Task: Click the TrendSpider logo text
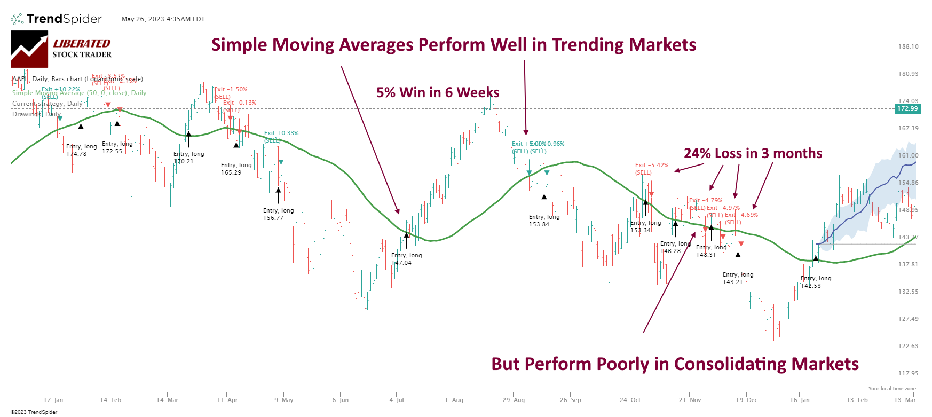click(x=64, y=19)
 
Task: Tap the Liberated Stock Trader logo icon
click(x=29, y=49)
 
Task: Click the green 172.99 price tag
click(x=907, y=108)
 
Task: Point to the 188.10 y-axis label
click(x=908, y=46)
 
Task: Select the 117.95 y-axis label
click(x=908, y=373)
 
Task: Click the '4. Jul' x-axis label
click(x=397, y=400)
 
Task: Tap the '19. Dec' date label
click(x=747, y=400)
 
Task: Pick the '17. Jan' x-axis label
click(x=53, y=400)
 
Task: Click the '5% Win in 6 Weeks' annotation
click(x=438, y=93)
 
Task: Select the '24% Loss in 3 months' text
click(x=753, y=154)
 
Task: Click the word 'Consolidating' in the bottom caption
click(x=729, y=364)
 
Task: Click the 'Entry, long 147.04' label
click(x=406, y=259)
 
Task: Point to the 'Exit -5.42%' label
click(x=651, y=166)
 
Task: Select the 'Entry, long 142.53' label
click(x=815, y=282)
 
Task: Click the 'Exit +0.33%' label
click(x=281, y=133)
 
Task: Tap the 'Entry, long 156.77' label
click(x=278, y=214)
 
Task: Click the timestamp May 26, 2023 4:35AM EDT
click(x=163, y=19)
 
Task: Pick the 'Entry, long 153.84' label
click(x=544, y=221)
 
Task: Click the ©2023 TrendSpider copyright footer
click(x=34, y=412)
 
